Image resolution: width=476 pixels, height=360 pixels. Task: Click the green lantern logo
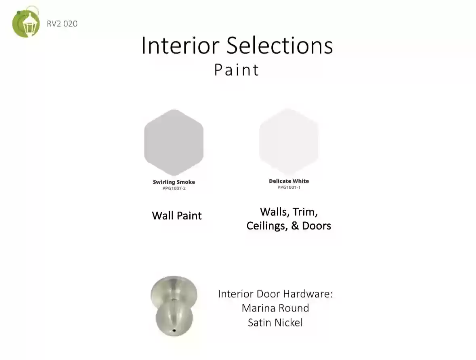tap(26, 23)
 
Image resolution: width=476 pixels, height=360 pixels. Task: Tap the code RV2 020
tap(62, 24)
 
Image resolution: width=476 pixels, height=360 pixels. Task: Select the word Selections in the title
tap(280, 45)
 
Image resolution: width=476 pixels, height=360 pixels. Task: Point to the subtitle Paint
tap(237, 69)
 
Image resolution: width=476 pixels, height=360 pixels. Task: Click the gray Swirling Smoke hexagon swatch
tap(174, 142)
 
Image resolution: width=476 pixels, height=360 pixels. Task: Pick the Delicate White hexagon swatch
tap(289, 141)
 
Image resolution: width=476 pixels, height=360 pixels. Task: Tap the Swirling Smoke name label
tap(174, 182)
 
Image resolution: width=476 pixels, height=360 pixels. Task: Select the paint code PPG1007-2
tap(174, 188)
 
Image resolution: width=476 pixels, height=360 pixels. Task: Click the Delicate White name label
tap(289, 181)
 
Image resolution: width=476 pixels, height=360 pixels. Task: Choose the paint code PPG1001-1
tap(289, 187)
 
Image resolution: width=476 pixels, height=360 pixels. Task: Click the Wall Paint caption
tap(177, 215)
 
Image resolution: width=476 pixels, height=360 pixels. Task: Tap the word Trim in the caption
tap(305, 212)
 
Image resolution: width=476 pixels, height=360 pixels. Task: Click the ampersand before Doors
tap(295, 226)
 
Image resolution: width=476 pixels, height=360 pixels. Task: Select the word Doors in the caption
tap(317, 226)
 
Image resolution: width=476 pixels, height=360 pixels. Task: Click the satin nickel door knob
tap(174, 306)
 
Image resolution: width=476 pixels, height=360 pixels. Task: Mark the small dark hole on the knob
tap(174, 330)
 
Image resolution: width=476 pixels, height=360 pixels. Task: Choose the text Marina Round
tap(275, 308)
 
